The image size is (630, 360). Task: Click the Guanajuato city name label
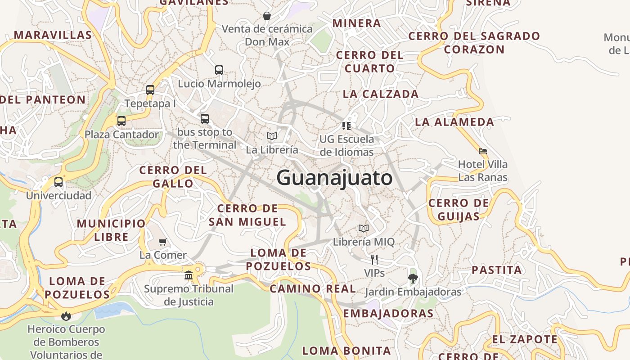(334, 178)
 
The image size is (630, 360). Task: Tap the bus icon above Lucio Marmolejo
(219, 70)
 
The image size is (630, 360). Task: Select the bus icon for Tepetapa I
(150, 90)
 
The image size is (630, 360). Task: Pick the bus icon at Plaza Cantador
(121, 121)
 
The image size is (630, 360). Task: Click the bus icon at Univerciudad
(58, 182)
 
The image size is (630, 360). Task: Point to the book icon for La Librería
(272, 136)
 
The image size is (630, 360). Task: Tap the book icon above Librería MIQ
(364, 228)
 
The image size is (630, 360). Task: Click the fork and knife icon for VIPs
(374, 259)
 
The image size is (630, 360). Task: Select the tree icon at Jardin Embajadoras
(413, 278)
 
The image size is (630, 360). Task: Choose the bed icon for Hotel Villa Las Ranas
(483, 151)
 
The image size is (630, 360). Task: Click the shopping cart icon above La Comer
(163, 242)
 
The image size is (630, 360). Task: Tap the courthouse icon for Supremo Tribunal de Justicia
(189, 274)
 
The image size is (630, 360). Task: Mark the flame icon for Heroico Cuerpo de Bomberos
(67, 316)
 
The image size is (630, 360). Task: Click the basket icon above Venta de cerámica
(267, 16)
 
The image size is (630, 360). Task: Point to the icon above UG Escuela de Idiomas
(346, 126)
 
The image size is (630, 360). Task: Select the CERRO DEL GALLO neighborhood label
(173, 177)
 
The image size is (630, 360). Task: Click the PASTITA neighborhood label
(497, 270)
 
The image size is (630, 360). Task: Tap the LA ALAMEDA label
(454, 122)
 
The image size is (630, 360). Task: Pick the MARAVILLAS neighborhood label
(53, 35)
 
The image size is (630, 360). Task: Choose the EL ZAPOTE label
(525, 339)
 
